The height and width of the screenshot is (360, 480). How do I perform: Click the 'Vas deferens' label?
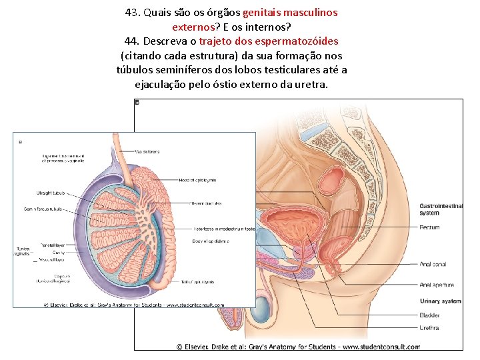coord(147,151)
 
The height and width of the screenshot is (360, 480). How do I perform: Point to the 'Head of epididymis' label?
coord(197,180)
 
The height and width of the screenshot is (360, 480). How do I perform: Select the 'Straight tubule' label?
coord(51,193)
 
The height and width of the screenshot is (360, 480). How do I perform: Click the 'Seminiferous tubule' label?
coord(43,209)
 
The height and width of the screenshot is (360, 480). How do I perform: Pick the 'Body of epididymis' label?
coord(211,241)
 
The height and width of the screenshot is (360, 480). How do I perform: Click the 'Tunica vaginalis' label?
coord(23,251)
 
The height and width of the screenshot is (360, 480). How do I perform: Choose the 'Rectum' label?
coord(429,227)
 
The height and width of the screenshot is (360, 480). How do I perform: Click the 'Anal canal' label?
coord(433,264)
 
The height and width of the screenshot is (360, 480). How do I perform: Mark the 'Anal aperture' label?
coord(437,285)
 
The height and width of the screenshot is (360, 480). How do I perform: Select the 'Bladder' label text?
coord(429,315)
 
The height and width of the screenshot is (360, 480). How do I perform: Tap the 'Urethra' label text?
coord(429,327)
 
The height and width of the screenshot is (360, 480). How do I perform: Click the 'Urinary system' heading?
coord(440,301)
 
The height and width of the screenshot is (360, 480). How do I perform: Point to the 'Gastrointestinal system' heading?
coord(441,209)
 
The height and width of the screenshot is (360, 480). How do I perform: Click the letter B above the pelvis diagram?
coord(137,103)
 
